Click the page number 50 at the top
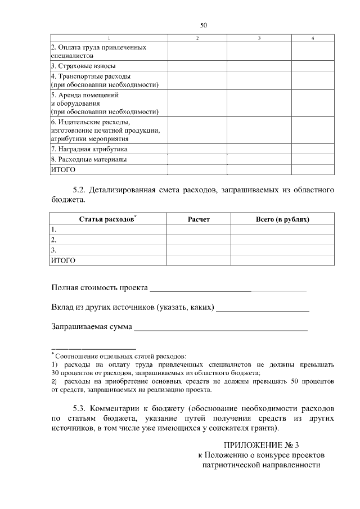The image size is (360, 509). (x=204, y=25)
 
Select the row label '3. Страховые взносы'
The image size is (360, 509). (x=76, y=66)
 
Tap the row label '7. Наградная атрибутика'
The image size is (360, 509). (x=89, y=150)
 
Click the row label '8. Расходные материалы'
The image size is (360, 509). (x=88, y=160)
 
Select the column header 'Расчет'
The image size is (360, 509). (x=198, y=219)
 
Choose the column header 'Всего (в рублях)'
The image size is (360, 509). (x=282, y=219)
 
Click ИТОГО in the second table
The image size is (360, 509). (x=63, y=261)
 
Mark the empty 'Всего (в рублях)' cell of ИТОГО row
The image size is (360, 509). (x=282, y=261)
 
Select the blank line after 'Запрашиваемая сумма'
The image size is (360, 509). (x=220, y=327)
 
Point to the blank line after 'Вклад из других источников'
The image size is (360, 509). (x=263, y=308)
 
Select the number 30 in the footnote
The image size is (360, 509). (x=55, y=373)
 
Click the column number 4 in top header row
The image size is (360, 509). (x=312, y=38)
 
